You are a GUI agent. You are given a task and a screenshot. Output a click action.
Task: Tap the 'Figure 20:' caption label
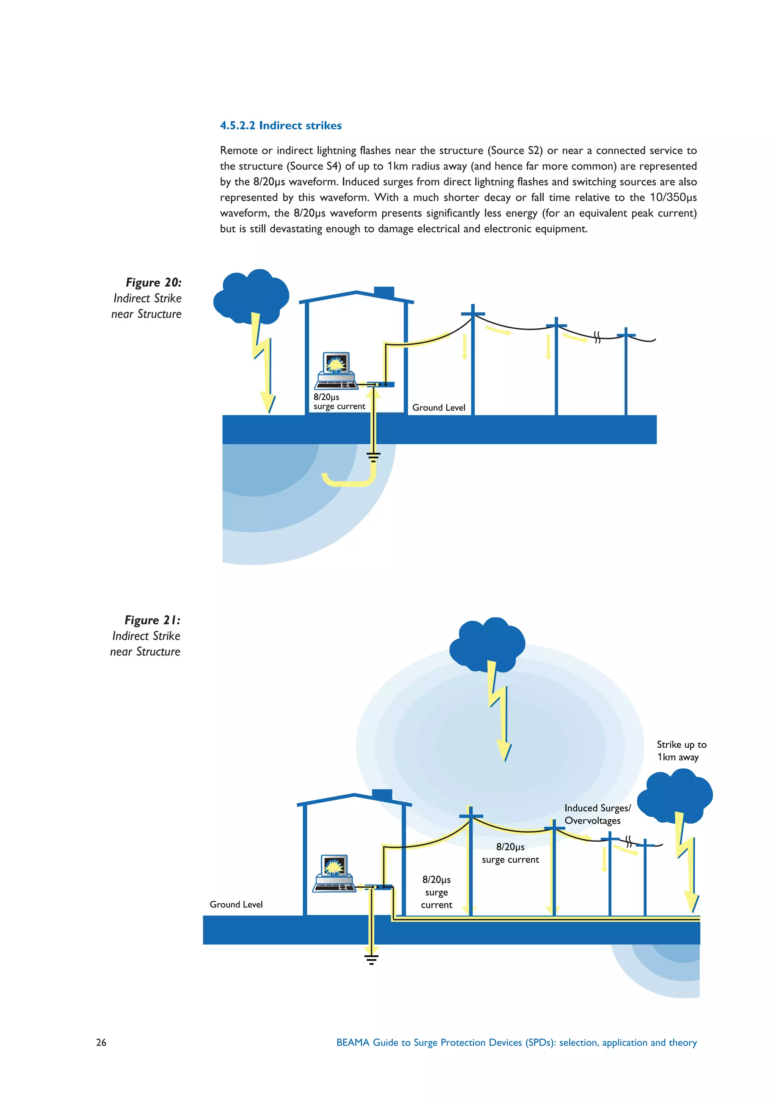click(153, 282)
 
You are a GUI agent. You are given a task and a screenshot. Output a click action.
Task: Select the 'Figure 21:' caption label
click(152, 620)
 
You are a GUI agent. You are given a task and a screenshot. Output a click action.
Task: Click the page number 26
click(101, 1042)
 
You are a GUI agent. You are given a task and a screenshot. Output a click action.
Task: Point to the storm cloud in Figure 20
click(251, 294)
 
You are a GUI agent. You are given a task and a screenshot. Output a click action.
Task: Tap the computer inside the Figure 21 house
click(334, 873)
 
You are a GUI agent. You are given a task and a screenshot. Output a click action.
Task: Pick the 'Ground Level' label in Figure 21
click(236, 904)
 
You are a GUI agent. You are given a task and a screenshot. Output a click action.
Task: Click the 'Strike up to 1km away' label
click(681, 750)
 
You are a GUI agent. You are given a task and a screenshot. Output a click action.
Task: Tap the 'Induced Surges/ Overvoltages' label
click(597, 814)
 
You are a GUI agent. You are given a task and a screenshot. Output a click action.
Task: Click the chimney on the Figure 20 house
click(384, 292)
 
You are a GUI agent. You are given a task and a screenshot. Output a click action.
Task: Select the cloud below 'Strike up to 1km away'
click(675, 794)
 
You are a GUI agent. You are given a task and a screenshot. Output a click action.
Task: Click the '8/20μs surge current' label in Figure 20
click(339, 402)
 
